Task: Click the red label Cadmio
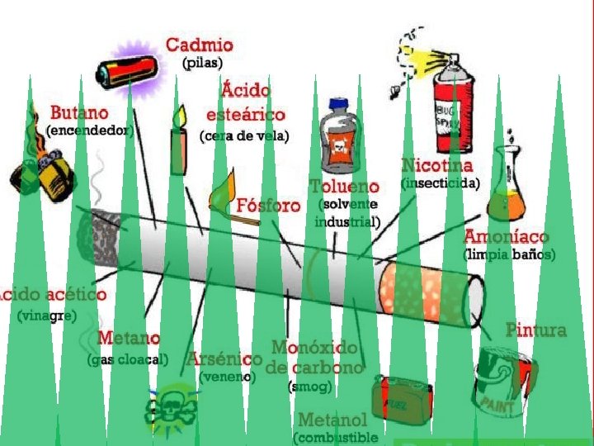point(199,45)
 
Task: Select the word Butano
point(78,112)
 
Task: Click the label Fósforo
point(268,205)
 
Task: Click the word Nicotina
point(437,165)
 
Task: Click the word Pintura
point(536,330)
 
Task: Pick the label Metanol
point(332,420)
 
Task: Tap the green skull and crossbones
point(171,406)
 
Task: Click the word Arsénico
point(224,359)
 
